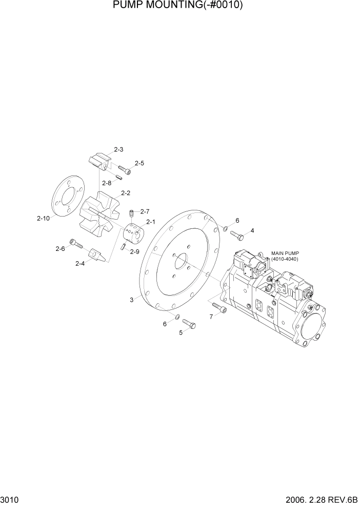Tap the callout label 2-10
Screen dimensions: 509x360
(x=43, y=218)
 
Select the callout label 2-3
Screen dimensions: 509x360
(x=118, y=150)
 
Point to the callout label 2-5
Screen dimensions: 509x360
(x=139, y=163)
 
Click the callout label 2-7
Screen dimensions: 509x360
(x=144, y=211)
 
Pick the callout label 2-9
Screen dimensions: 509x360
(x=134, y=251)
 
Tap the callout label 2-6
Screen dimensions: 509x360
(x=60, y=248)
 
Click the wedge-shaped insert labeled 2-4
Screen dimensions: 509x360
(x=98, y=255)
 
